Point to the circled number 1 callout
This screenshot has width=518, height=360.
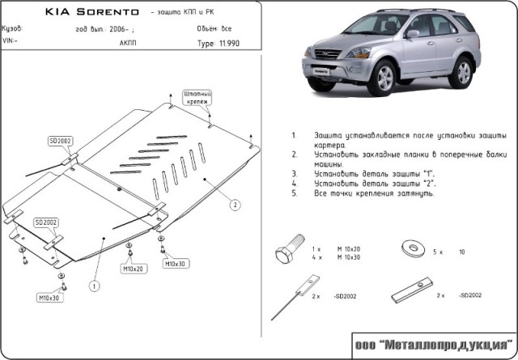coord(94,286)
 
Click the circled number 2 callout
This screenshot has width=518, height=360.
coord(235,205)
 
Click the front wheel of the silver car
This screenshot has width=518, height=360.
coord(384,79)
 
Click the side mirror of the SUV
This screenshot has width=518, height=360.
coord(413,35)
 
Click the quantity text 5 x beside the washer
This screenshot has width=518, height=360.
coord(438,252)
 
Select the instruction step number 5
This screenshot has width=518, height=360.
coord(294,194)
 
